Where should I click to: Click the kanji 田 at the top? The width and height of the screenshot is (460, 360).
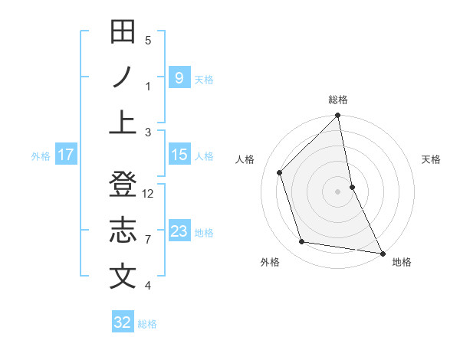click(123, 31)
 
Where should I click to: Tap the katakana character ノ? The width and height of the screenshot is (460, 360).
click(123, 77)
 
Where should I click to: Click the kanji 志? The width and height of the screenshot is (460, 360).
click(123, 231)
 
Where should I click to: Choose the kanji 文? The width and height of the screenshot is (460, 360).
click(123, 277)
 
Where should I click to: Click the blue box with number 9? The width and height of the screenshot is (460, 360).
click(179, 77)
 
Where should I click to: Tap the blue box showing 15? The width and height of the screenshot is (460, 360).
click(179, 155)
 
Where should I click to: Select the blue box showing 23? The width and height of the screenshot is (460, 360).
click(179, 231)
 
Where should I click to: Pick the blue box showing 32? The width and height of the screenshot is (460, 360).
click(123, 322)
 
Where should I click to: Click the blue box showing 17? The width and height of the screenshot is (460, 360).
click(66, 155)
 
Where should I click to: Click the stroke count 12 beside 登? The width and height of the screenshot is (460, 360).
click(149, 194)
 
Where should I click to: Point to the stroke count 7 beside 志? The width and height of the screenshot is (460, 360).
click(148, 240)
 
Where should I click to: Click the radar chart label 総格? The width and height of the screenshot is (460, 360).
click(338, 100)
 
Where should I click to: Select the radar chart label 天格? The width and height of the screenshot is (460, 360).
click(431, 159)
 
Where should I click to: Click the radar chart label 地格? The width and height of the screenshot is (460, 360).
click(402, 263)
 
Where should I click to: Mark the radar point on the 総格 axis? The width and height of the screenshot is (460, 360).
click(338, 116)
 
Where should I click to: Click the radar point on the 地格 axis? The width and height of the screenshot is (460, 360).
click(382, 253)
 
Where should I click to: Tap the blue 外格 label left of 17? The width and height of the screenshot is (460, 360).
click(40, 155)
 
